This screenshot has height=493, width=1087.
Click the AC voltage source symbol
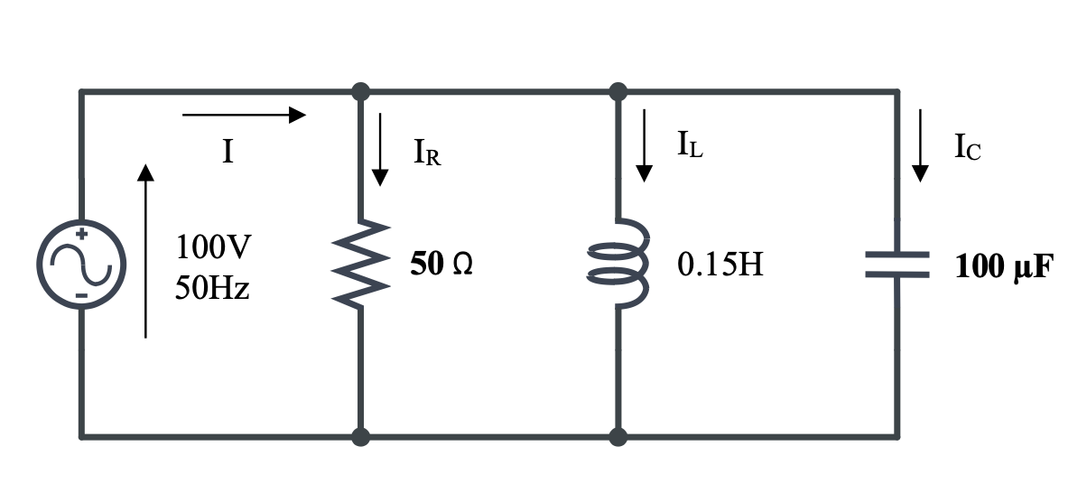pos(81,264)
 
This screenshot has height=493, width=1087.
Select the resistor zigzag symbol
pos(361,263)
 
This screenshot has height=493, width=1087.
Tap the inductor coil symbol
pos(619,263)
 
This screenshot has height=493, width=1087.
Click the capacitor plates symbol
pos(897,264)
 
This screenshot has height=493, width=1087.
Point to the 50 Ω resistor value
pos(441,265)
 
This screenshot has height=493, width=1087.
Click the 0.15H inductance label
pos(720,265)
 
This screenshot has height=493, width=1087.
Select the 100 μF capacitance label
pos(1003,267)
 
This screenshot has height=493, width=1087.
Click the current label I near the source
pos(228,152)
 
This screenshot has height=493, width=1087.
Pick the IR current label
pos(426,152)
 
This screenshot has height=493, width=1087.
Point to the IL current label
pos(690,144)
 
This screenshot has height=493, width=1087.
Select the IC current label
pos(967,147)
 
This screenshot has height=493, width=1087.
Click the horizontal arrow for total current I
pos(244,115)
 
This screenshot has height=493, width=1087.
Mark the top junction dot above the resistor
pos(361,91)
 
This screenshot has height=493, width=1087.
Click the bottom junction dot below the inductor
pos(618,438)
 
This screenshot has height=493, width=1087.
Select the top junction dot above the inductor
pos(618,91)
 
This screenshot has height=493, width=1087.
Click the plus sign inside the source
pos(81,234)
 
